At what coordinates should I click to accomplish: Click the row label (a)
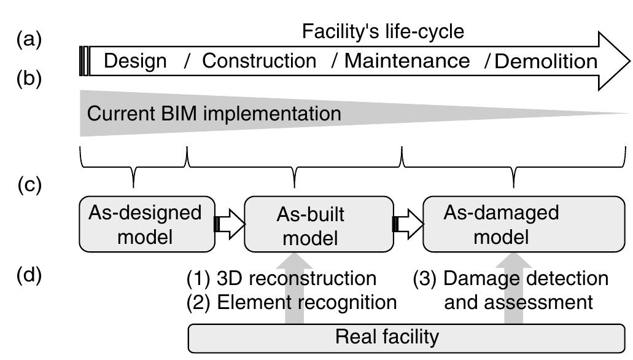tap(29, 40)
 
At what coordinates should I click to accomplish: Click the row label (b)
tap(29, 79)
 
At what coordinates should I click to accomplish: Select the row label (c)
tap(29, 184)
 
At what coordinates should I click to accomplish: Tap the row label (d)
tap(29, 275)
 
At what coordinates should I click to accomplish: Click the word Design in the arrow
tap(135, 61)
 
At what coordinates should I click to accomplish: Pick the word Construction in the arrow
tap(259, 61)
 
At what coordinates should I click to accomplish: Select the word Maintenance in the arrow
tap(406, 61)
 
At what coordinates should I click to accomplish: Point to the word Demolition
tap(546, 61)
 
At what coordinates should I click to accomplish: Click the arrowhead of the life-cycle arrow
tap(614, 61)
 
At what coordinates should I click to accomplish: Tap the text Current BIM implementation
tap(214, 114)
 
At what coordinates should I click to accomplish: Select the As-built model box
tap(318, 224)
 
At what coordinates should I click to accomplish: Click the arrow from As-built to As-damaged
tap(408, 224)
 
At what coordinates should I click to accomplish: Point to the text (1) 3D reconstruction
tap(281, 278)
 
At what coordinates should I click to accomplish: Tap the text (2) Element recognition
tap(292, 302)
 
